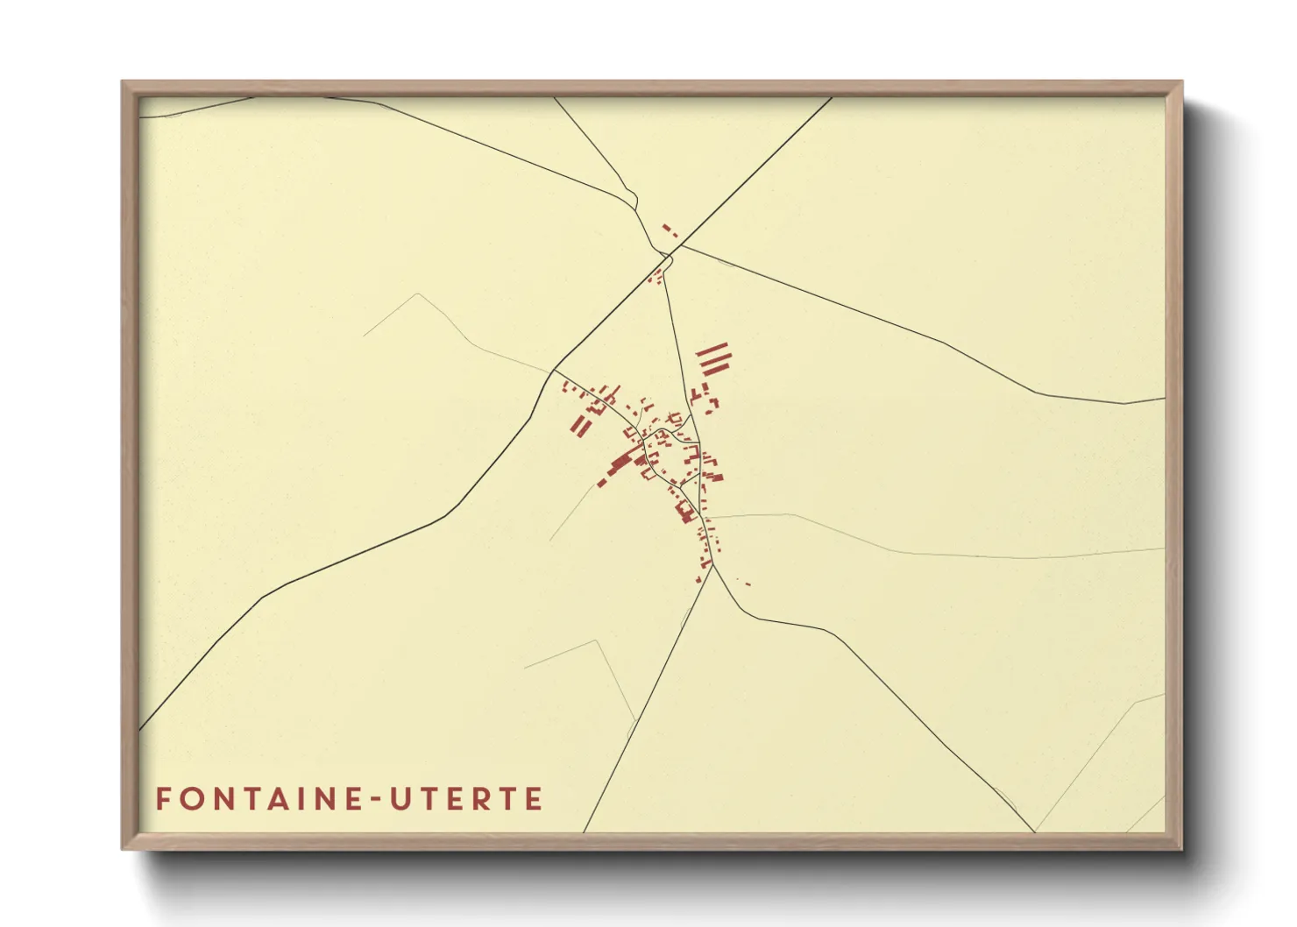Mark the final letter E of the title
tap(534, 799)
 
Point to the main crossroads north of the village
tap(670, 255)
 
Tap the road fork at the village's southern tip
tap(712, 564)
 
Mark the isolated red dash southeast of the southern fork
tap(748, 584)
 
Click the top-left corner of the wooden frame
tap(123, 82)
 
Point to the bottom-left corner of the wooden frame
tap(123, 848)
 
